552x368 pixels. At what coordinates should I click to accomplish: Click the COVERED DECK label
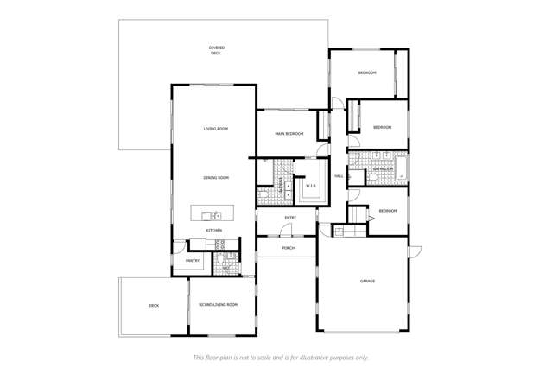(x=216, y=50)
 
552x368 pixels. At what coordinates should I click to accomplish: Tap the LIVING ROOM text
(x=215, y=129)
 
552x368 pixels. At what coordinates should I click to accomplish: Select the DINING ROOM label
(x=215, y=177)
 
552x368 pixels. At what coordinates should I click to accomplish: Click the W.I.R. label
(x=311, y=185)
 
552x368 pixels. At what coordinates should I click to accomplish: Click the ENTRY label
(x=290, y=218)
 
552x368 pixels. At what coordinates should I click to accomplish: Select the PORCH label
(x=288, y=248)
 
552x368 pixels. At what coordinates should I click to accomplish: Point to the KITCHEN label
(x=214, y=231)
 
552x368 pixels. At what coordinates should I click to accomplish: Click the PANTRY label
(x=192, y=260)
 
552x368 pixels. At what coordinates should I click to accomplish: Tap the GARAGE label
(x=368, y=282)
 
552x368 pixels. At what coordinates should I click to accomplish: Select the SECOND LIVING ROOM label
(x=218, y=305)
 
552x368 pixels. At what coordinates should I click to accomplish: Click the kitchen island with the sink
(x=212, y=214)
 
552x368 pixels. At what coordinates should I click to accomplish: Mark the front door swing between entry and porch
(x=288, y=232)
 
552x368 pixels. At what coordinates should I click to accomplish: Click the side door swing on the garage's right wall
(x=414, y=251)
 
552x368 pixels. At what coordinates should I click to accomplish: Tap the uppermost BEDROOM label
(x=367, y=73)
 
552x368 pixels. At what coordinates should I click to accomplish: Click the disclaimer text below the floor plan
(x=281, y=356)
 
